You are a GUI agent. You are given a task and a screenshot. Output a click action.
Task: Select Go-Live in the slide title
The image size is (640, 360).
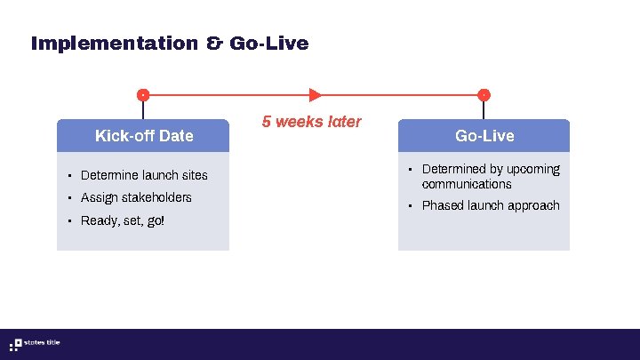pos(269,43)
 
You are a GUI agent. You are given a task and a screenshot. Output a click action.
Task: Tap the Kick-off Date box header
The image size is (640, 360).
pos(143,136)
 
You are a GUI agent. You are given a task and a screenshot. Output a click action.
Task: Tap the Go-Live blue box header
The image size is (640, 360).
pos(484,136)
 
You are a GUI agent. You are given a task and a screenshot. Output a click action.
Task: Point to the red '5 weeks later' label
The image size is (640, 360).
pos(311,122)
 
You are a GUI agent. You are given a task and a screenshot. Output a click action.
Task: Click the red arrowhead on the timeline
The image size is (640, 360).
pos(316,93)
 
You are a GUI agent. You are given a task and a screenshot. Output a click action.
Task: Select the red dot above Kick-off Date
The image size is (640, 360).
pos(142,93)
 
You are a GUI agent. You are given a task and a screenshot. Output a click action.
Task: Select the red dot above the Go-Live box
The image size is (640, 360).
pos(484,93)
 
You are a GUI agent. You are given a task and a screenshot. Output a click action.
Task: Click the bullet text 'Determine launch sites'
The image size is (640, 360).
pos(143,175)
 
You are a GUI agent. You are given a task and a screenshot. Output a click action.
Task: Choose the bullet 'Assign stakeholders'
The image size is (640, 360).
pos(136,197)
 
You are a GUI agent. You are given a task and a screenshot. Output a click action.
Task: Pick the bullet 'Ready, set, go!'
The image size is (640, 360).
pos(122,220)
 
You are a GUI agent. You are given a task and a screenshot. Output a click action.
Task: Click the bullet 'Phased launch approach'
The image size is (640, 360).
pos(491,205)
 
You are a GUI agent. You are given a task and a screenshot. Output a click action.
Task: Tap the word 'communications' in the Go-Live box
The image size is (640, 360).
pos(467,184)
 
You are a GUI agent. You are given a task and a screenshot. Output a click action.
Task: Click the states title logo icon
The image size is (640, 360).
pos(15,344)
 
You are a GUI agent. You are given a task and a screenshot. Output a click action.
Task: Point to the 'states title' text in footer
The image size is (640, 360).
pos(43,343)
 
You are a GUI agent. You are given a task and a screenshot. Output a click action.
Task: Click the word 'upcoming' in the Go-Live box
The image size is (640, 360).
pos(533,169)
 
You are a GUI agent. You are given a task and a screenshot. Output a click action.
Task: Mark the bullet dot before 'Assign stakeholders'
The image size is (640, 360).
pos(68,198)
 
